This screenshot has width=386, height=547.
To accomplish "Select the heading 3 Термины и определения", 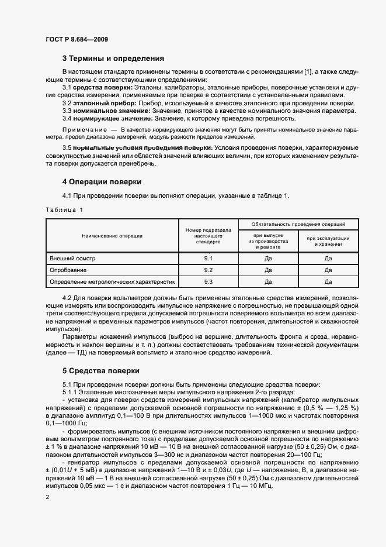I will click(113, 59).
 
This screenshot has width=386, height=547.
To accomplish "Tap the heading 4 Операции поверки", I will click(102, 181).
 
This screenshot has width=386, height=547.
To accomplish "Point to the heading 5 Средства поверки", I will click(100, 370).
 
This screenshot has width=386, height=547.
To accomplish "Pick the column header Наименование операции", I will click(112, 236).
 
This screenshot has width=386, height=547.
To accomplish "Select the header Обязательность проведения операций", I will click(298, 224).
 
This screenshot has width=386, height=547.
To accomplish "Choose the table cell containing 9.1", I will click(208, 258).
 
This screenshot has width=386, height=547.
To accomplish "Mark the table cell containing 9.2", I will click(208, 270).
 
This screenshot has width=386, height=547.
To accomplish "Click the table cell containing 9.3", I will click(208, 282).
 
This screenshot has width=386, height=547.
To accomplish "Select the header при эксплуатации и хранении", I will click(328, 241).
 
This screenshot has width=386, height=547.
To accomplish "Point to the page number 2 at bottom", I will click(47, 497).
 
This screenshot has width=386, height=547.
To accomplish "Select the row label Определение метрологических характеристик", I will click(112, 282).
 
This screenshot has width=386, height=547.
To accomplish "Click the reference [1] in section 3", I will click(308, 71).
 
